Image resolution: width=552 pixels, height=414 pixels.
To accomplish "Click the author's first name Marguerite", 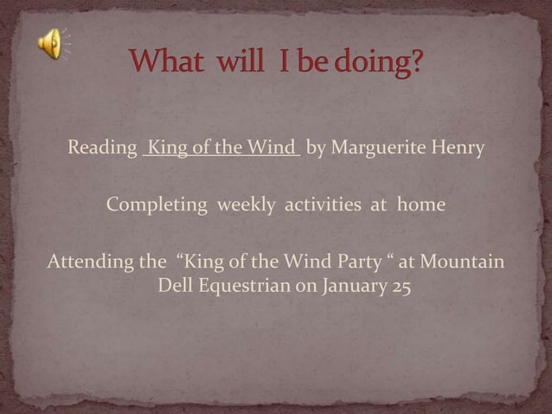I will (374, 148).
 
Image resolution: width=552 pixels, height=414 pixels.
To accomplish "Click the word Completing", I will (157, 205).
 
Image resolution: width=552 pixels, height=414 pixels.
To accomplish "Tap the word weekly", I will (247, 205).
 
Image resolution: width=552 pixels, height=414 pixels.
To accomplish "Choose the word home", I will (420, 205).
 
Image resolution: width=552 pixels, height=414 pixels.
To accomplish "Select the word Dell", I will (176, 287).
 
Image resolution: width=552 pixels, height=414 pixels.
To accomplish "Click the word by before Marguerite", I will (316, 148).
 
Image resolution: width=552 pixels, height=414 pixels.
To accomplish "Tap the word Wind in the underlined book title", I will (273, 148).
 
